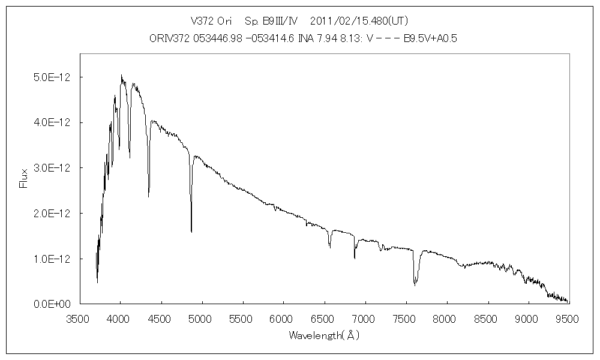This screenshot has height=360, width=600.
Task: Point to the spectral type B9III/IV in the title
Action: tap(274, 20)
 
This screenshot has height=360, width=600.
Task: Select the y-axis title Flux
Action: tap(23, 179)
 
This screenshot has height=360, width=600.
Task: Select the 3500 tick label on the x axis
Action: tap(79, 318)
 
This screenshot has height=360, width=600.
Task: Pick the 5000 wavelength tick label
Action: tap(202, 318)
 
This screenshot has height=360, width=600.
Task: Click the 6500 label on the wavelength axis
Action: tap(324, 318)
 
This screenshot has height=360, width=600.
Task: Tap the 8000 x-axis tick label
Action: tap(446, 318)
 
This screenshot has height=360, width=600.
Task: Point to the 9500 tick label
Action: tap(568, 318)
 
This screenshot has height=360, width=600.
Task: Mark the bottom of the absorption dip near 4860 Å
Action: tap(191, 232)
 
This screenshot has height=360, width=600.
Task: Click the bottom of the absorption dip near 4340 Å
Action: tap(149, 196)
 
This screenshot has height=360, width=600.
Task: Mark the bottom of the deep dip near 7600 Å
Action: tap(415, 285)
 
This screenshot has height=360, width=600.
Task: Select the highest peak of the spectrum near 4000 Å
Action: tap(121, 76)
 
